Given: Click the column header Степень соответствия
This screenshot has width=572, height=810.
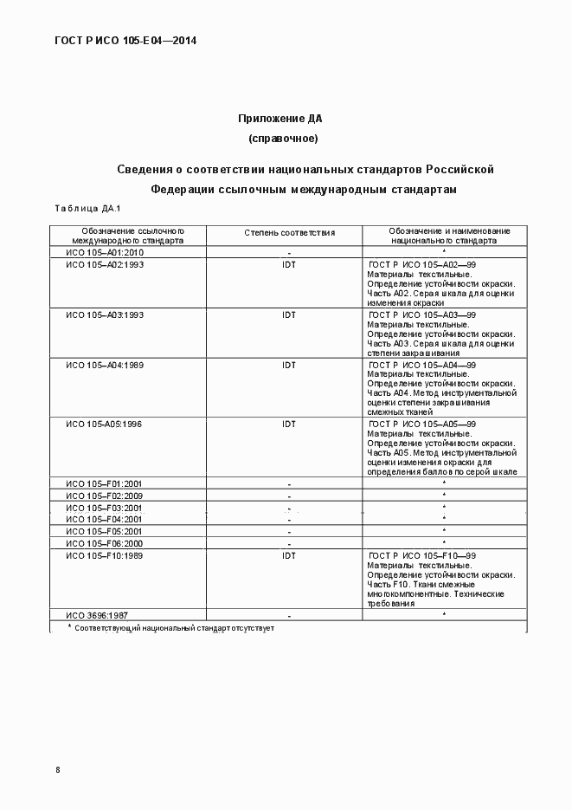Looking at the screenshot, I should pos(289,233).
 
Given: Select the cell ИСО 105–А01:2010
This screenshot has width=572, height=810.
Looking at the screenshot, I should pos(105,252).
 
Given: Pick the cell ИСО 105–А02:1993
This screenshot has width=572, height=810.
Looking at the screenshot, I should pos(105,264).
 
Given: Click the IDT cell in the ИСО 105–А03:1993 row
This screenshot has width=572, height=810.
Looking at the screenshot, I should pos(289,314).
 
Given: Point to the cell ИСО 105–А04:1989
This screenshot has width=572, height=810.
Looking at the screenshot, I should pos(105,365).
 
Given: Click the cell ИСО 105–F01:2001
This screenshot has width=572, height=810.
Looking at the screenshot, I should pos(105,483).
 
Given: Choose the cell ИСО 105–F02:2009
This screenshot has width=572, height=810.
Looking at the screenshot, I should pos(105,495).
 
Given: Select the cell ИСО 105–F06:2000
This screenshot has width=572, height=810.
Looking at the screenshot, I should pos(105,542).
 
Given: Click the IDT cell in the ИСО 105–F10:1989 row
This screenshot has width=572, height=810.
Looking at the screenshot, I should pos(289,555).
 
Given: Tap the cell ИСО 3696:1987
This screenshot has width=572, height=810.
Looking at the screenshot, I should pos(96,615).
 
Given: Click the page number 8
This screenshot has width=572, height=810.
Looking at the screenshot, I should pos(58,770).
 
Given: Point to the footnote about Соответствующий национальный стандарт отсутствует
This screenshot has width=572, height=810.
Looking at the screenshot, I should pos(174,627).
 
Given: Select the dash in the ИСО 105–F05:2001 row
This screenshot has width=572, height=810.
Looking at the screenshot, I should pos(289,531).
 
